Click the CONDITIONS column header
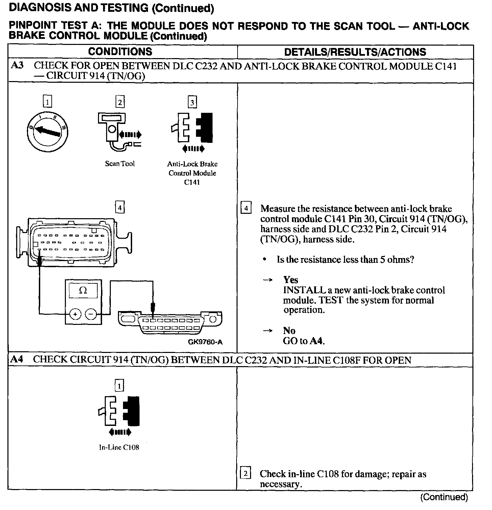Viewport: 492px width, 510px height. (120, 52)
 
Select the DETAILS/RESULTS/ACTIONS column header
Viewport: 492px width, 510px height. (355, 52)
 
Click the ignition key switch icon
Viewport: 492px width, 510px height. (48, 132)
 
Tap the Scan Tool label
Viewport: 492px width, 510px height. (120, 164)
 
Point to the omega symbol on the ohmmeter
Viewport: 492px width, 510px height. (83, 290)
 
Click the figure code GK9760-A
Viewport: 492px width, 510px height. (205, 342)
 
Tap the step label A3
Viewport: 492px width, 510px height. (17, 66)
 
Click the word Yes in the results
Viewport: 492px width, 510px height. (291, 280)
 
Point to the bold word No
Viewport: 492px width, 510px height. (289, 331)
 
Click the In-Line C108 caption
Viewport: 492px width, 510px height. (119, 448)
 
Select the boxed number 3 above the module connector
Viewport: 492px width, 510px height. (192, 102)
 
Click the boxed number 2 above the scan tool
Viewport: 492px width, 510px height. (120, 102)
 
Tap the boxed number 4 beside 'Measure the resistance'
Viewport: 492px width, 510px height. (246, 208)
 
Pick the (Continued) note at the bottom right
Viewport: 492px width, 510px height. (444, 497)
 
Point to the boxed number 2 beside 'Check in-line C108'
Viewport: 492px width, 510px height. (246, 474)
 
